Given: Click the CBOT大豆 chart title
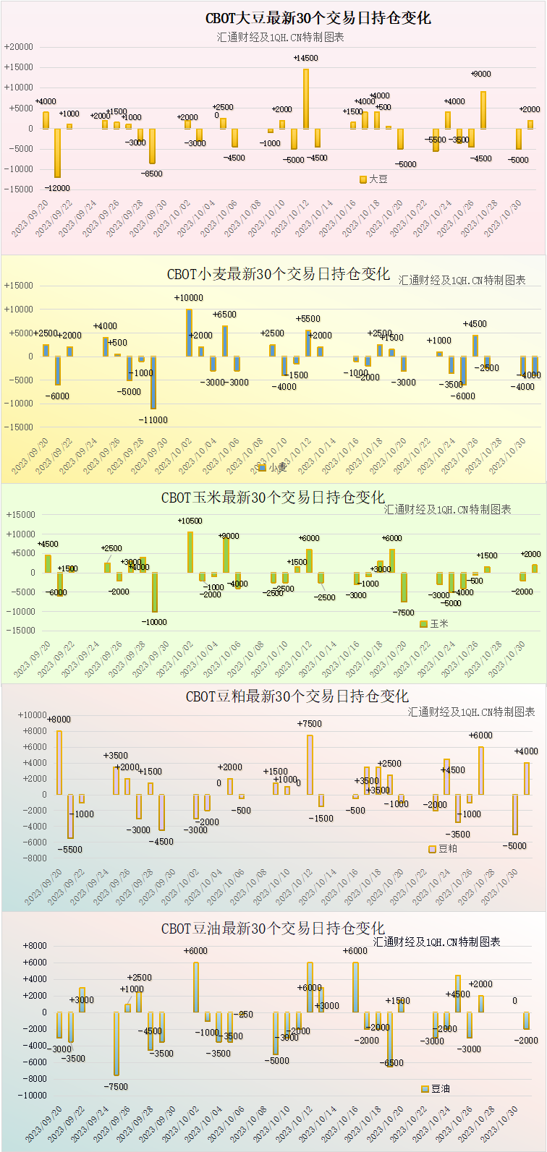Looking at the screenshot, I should [x=318, y=19].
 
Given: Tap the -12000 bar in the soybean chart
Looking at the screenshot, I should [x=57, y=153].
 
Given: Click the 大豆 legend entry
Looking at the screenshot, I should [x=374, y=179].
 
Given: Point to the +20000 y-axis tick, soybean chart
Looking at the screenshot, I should [x=19, y=47].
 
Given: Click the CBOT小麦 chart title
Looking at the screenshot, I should [x=279, y=274].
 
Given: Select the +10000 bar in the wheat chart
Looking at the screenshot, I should [x=189, y=333].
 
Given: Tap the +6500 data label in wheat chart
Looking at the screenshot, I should [x=224, y=315].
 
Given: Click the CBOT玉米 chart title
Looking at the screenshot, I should [x=273, y=498].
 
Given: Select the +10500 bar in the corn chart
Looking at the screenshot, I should [x=190, y=552].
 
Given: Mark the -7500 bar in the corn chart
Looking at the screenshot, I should [x=404, y=587].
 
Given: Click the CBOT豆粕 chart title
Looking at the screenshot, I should [x=297, y=696].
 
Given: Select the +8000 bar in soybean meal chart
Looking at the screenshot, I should [x=59, y=763].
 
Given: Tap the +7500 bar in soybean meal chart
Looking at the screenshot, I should [x=310, y=765].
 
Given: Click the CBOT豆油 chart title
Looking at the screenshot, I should [x=273, y=929].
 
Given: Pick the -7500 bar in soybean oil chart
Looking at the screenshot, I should [x=116, y=1044].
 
